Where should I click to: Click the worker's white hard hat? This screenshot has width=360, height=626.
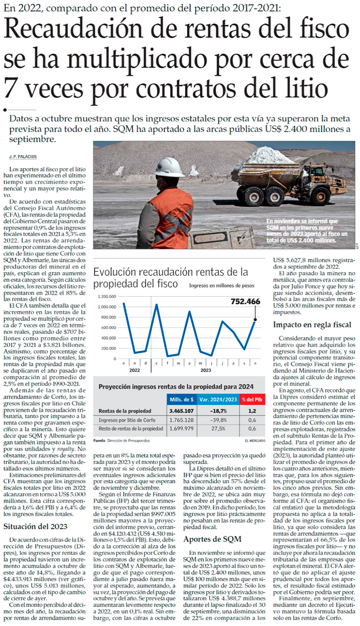168,167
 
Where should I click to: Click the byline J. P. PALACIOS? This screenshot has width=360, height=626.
22,156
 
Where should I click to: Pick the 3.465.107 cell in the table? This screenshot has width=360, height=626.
182,411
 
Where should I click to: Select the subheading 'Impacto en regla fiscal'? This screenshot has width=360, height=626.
312,325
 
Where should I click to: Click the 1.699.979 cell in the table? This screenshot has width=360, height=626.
182,429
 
